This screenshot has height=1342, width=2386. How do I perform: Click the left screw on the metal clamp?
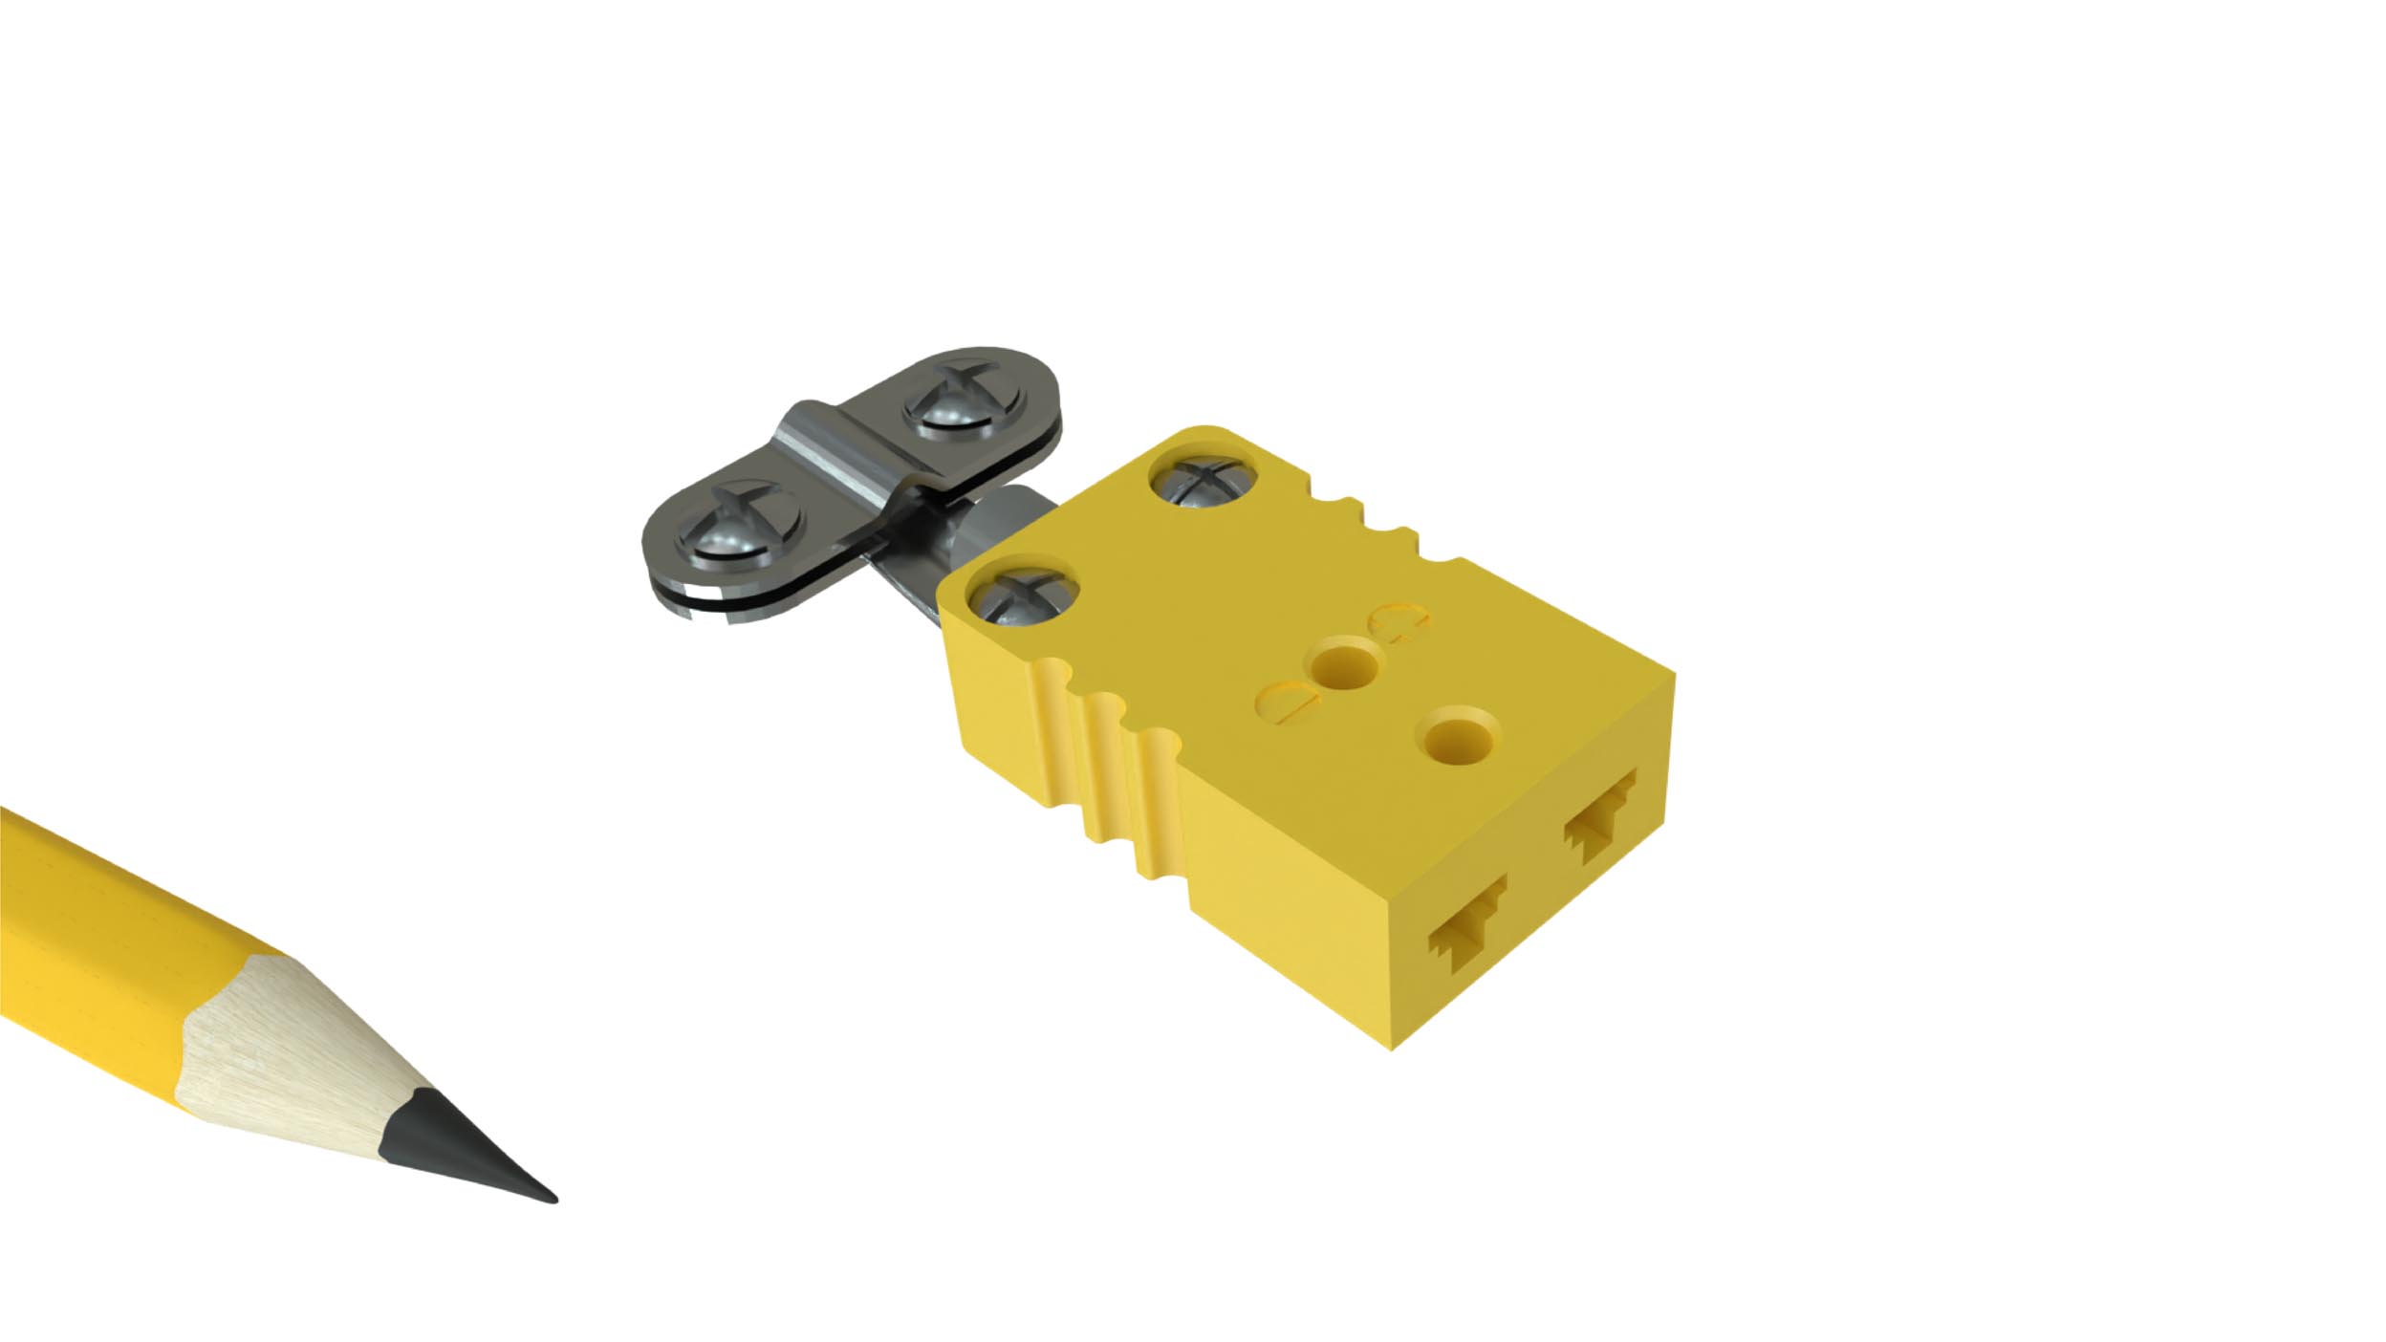pyautogui.click(x=739, y=526)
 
